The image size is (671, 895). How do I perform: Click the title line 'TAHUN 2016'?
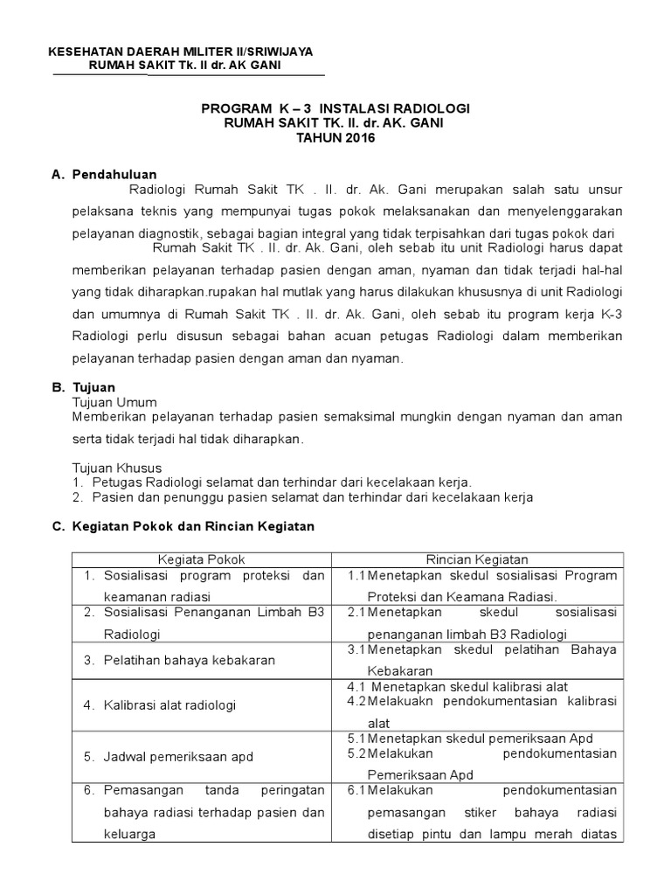tap(335, 139)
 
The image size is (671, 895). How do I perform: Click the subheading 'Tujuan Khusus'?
tap(111, 468)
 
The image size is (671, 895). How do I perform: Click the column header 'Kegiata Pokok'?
tap(201, 559)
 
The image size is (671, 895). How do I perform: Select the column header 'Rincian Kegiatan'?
tap(476, 559)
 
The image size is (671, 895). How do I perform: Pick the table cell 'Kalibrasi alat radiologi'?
tap(170, 704)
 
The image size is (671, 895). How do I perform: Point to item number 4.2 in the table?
tap(356, 701)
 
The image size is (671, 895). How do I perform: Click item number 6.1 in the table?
tap(356, 790)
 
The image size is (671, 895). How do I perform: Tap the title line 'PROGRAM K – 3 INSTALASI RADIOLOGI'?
tap(335, 108)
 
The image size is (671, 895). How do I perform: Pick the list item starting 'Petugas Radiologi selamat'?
tap(272, 482)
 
